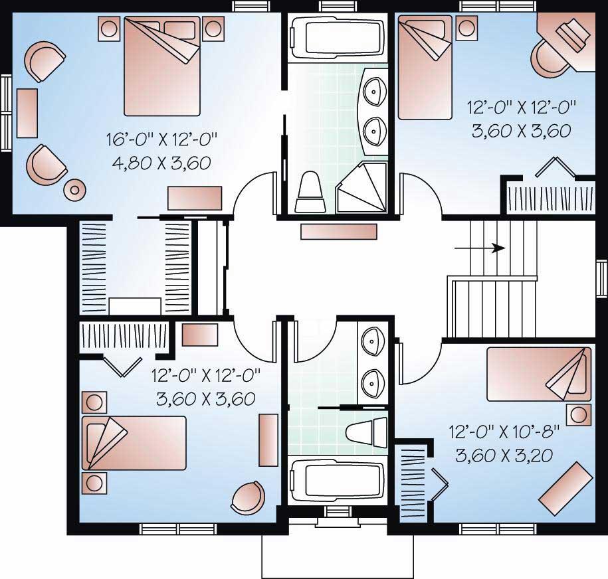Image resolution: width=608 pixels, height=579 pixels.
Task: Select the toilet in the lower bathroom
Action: pyautogui.click(x=365, y=432)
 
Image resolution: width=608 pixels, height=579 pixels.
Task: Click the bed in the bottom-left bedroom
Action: pyautogui.click(x=134, y=443)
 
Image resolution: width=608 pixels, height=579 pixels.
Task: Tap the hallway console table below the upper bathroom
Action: pyautogui.click(x=339, y=231)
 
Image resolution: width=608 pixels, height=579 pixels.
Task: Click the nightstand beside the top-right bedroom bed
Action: pyautogui.click(x=466, y=29)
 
